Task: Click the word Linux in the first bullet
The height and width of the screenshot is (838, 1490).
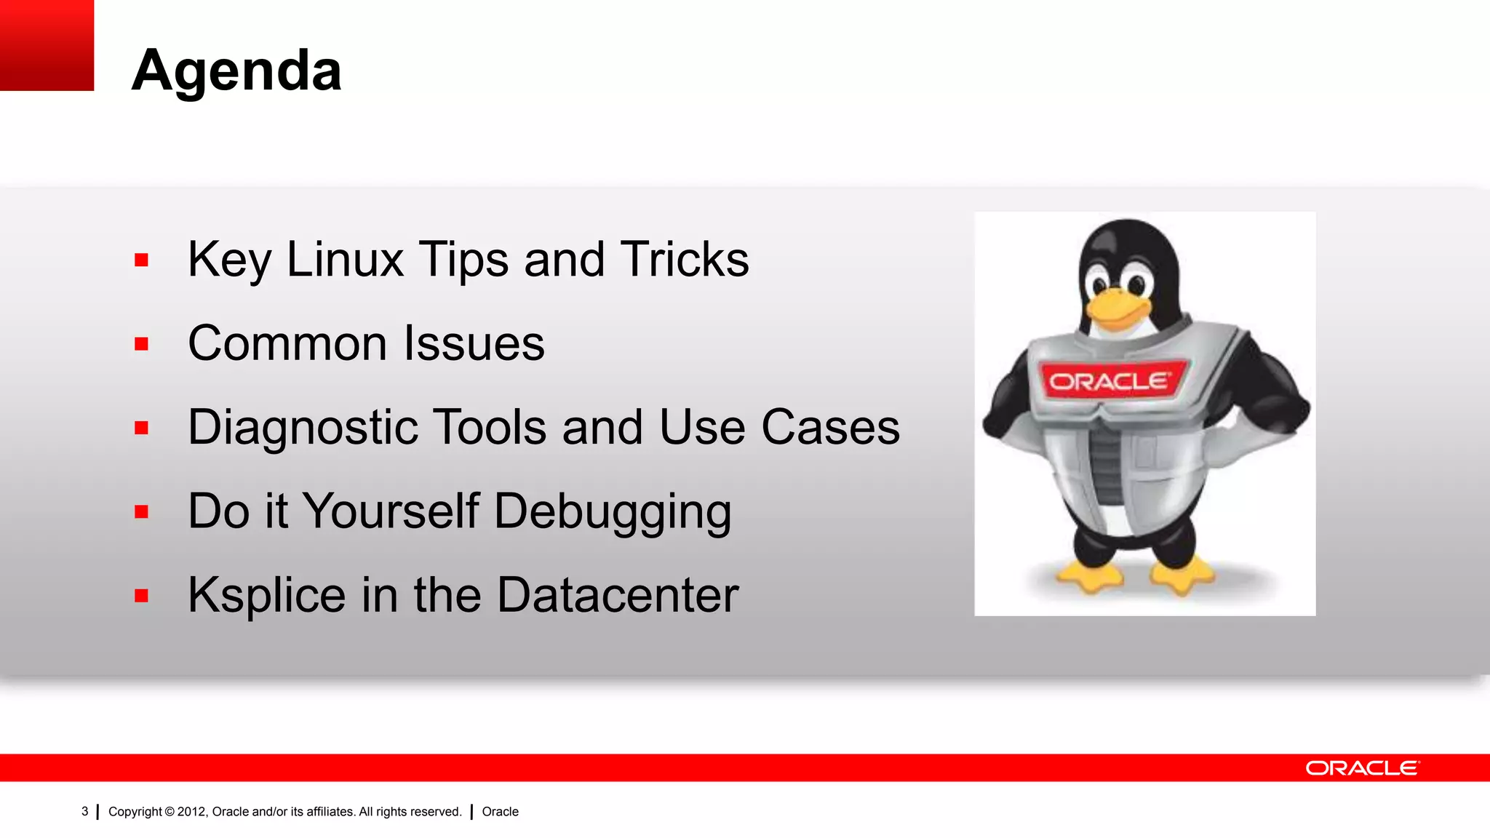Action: point(345,260)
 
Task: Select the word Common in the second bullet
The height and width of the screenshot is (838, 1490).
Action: point(287,343)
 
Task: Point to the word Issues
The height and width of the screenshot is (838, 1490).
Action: point(474,343)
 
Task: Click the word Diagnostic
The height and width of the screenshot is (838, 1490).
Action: point(303,427)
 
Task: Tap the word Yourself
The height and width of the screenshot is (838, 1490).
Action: point(391,511)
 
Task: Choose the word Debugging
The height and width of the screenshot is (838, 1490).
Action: point(613,512)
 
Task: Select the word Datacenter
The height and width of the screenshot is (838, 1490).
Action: point(618,595)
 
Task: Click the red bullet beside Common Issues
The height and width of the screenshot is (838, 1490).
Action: point(141,343)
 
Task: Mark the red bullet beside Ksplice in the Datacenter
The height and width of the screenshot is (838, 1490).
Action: point(141,596)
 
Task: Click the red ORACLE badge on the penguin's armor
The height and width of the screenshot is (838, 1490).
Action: point(1110,380)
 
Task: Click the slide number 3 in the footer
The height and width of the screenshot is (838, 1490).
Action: point(84,811)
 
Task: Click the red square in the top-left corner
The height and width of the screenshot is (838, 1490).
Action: point(47,45)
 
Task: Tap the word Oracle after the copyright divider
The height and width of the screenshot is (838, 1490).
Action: point(500,812)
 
